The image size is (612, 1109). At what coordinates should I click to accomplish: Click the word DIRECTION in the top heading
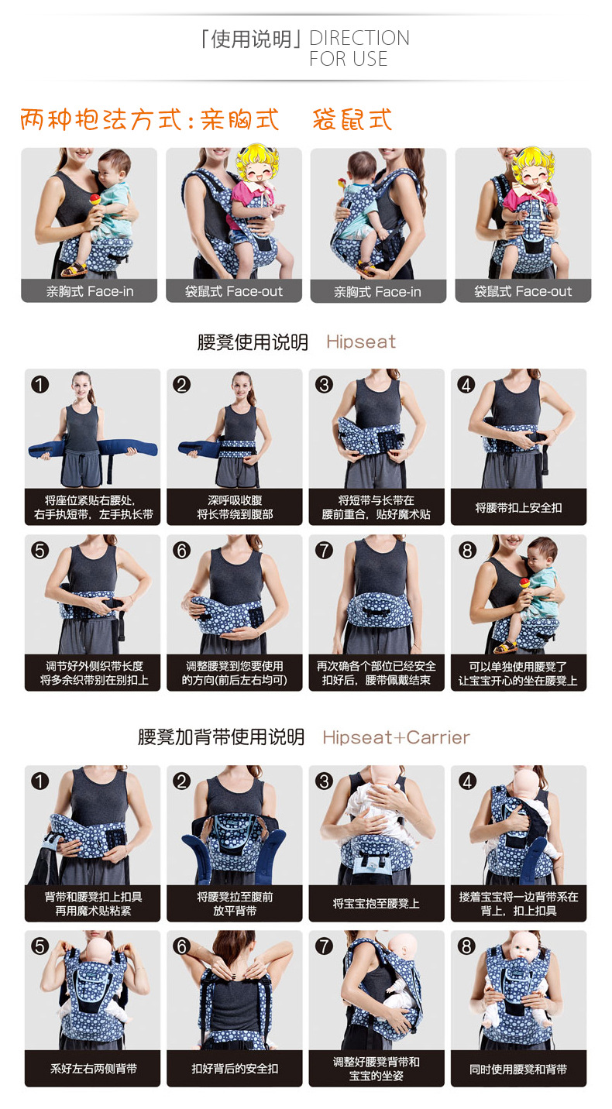point(359,38)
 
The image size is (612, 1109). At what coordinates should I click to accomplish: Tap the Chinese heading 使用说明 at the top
point(251,39)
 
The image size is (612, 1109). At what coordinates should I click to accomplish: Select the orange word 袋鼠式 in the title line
point(352,119)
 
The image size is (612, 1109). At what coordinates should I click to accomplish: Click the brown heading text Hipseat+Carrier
point(396,737)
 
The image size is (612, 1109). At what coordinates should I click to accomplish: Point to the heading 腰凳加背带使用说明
point(221,736)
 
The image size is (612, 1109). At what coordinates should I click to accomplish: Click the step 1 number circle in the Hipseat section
point(40,385)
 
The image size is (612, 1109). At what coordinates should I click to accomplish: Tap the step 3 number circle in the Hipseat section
point(324,385)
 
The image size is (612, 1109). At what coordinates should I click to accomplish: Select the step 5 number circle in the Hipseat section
point(40,551)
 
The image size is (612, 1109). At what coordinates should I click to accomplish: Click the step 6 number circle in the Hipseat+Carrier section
point(182,946)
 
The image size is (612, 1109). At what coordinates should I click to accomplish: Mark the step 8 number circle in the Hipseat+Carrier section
point(466,946)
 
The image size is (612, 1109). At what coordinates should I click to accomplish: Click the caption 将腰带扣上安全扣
point(518,507)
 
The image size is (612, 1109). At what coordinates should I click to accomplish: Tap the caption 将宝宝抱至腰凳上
point(376,904)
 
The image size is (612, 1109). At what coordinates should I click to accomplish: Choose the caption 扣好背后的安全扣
point(235,1069)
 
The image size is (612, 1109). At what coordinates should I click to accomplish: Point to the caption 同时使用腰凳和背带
point(518,1069)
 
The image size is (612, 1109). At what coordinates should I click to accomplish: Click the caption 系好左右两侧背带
point(93,1069)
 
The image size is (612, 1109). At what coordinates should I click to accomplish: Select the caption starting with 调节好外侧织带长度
point(94,673)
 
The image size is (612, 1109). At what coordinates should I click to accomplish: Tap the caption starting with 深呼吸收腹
point(235,507)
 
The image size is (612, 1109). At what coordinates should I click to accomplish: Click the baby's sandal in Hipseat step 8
point(506,646)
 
